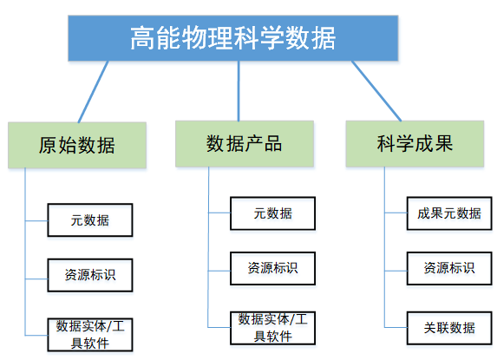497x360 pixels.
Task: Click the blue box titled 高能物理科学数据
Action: pos(233,38)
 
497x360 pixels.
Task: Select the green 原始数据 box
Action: pos(77,145)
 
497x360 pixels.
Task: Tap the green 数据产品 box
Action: pos(245,144)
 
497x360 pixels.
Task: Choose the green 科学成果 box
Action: pos(415,144)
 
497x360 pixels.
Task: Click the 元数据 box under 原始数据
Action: pos(90,220)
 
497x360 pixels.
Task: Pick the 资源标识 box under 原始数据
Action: pos(90,275)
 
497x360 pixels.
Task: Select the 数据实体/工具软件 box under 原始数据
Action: pos(90,335)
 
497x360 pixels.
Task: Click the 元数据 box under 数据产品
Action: pos(272,213)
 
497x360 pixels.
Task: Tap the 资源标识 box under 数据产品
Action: pos(272,268)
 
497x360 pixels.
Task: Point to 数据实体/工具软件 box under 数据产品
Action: pos(272,328)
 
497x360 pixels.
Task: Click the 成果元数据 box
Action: pos(449,213)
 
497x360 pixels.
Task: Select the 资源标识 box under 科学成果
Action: pos(449,268)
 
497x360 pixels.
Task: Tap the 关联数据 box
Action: pos(449,328)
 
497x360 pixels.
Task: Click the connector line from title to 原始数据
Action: pos(93,92)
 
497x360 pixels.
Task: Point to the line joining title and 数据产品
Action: pos(239,91)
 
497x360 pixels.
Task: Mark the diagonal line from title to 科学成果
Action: pos(376,91)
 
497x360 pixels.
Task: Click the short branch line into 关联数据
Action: pos(396,327)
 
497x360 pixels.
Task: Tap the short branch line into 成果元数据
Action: pos(396,213)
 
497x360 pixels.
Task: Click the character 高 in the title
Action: pos(142,38)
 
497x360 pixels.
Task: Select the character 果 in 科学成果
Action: pos(444,143)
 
